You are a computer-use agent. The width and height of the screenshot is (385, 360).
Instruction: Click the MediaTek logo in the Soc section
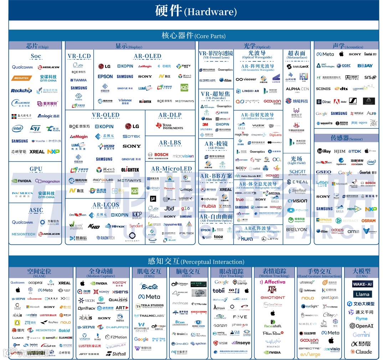coord(22,78)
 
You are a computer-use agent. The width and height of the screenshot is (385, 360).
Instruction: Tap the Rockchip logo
coord(21,91)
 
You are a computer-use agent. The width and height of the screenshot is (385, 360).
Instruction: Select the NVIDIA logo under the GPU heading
coord(22,181)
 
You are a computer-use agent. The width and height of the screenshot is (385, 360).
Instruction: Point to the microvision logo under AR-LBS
coord(183,156)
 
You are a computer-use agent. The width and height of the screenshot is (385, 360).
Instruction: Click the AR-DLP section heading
coord(170,115)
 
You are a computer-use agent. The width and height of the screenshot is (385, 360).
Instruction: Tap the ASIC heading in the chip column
coord(36,210)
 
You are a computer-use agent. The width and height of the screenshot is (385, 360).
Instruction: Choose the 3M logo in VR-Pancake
coord(205,125)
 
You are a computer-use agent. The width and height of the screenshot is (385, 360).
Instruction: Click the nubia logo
coord(209,206)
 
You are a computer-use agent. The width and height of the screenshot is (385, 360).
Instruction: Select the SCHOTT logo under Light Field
coord(297,172)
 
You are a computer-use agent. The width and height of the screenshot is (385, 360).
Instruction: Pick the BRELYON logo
coord(297,230)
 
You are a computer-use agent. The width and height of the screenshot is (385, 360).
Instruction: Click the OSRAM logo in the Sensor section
coord(368,220)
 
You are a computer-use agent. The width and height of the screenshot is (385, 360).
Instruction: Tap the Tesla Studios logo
coord(150,306)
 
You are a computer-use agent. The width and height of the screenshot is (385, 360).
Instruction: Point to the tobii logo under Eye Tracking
coord(219,290)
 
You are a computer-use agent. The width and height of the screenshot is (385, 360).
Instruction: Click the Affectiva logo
coord(273,282)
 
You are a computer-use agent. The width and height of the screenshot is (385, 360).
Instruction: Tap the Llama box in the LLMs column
coord(362,294)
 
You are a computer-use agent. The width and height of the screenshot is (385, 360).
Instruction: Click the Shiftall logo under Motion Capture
coord(116,354)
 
